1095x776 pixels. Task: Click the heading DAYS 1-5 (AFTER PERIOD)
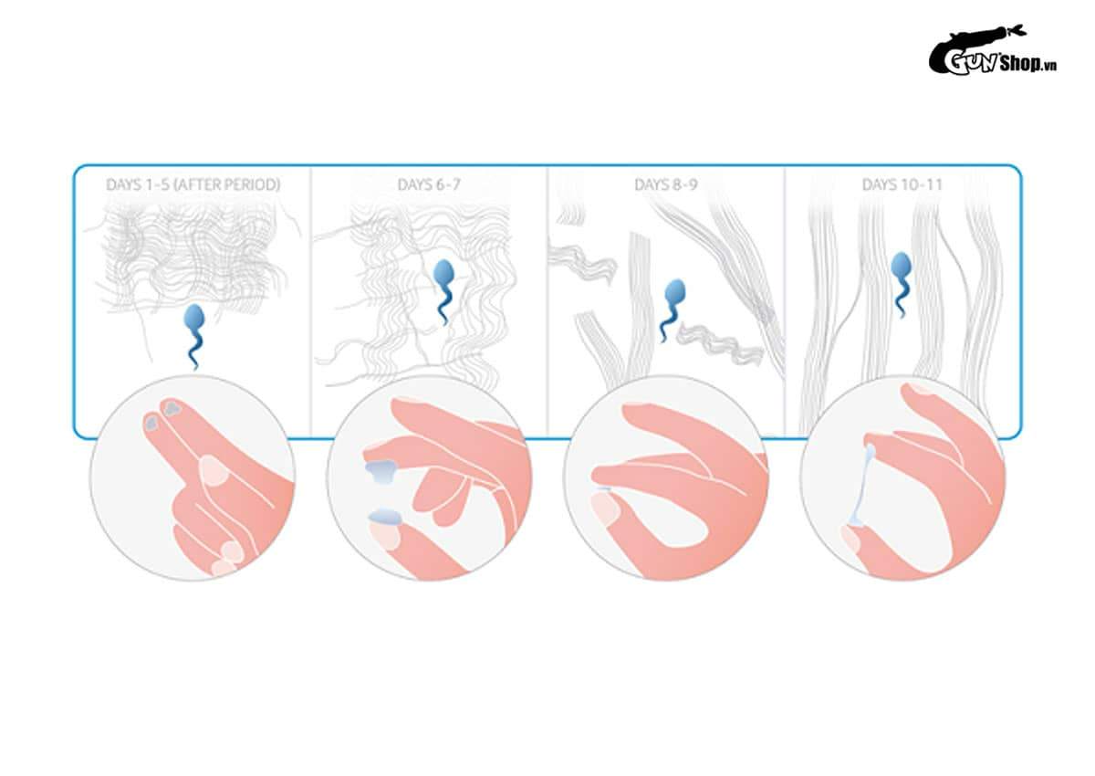pyautogui.click(x=193, y=184)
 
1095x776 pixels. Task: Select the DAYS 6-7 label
pyautogui.click(x=429, y=184)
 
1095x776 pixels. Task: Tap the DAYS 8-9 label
pyautogui.click(x=666, y=184)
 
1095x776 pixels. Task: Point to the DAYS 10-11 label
pyautogui.click(x=902, y=184)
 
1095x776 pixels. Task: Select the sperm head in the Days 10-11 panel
pyautogui.click(x=901, y=267)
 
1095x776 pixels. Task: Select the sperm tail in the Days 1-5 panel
pyautogui.click(x=194, y=350)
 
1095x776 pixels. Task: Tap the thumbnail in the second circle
pyautogui.click(x=385, y=535)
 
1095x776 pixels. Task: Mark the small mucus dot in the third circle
pyautogui.click(x=602, y=489)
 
